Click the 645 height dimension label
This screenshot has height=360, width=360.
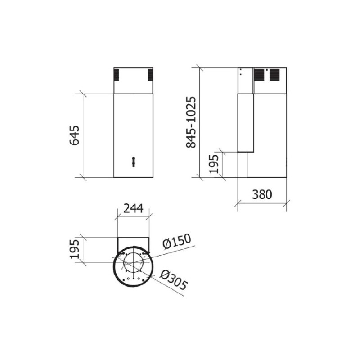click(x=75, y=135)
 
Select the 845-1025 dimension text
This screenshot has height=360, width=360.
click(x=191, y=122)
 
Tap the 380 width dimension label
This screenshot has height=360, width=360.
click(x=261, y=194)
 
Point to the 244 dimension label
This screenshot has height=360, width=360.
click(x=133, y=208)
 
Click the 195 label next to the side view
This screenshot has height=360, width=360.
click(x=214, y=164)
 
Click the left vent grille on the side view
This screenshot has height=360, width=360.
click(x=259, y=75)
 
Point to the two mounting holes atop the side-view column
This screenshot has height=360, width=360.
click(x=241, y=72)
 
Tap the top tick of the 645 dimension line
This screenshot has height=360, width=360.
click(x=82, y=94)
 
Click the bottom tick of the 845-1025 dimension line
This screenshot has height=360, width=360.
click(x=199, y=177)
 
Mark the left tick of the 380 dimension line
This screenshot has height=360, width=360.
click(x=238, y=204)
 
